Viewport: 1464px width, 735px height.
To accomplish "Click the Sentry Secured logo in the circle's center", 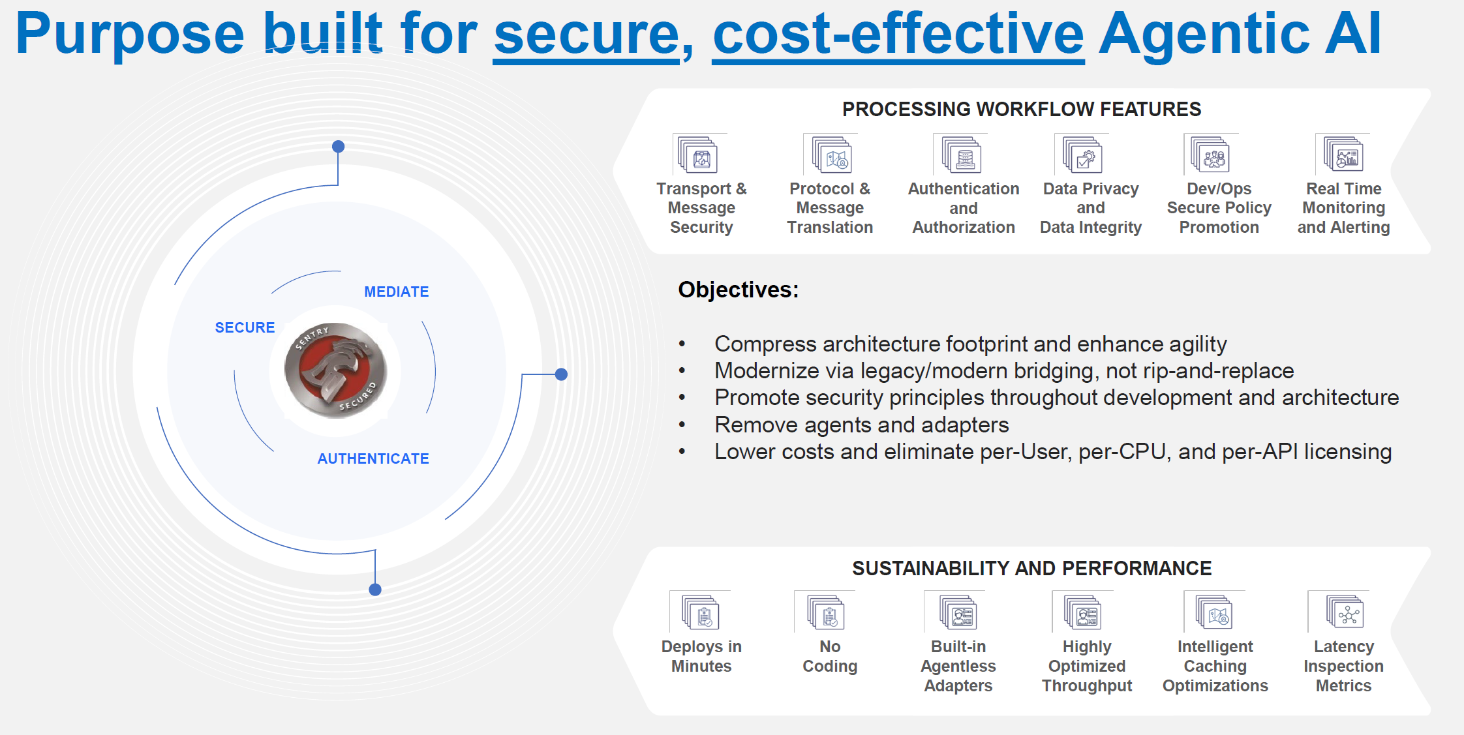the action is [335, 370].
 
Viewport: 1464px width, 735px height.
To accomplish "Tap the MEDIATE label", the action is [397, 292].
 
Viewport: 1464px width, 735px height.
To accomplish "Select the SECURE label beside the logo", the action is [245, 327].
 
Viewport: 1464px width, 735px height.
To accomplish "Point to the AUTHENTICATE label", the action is [373, 458].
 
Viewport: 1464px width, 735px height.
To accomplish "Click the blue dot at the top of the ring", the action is [338, 147].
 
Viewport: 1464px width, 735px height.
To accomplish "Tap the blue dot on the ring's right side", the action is [561, 374].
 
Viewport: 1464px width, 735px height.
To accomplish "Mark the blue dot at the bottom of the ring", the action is [375, 590].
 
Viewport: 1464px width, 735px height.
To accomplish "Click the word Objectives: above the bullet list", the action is [739, 290].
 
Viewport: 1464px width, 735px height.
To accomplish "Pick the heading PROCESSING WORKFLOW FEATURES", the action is [1022, 109].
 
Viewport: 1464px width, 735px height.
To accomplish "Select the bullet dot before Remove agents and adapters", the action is [682, 425].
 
